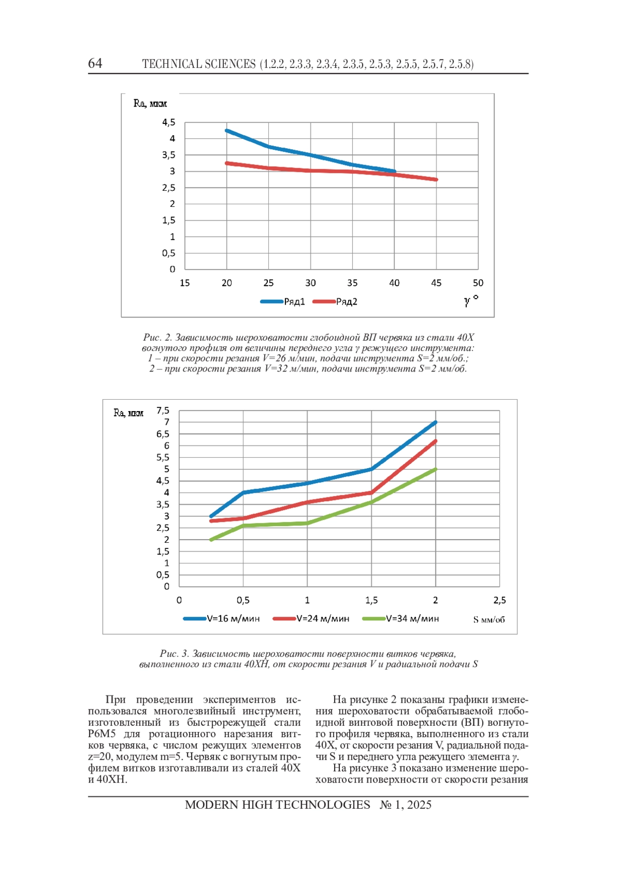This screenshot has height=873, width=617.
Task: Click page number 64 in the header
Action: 95,63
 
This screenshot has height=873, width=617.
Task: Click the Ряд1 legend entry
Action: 283,301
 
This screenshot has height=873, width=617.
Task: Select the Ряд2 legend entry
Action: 335,301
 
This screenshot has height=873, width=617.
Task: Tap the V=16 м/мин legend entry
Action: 221,618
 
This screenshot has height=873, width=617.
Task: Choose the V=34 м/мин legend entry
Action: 401,618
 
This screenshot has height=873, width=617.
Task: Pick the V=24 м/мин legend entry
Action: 311,618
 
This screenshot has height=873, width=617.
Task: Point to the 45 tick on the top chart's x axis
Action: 436,283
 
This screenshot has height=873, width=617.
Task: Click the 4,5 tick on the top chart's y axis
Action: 169,122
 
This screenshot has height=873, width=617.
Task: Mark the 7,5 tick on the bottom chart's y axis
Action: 163,411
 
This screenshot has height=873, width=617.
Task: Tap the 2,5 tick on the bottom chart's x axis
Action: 499,600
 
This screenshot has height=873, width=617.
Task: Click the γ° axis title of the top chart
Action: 471,300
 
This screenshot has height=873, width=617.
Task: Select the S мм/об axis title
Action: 489,620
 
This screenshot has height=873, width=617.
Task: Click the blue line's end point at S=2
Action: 435,422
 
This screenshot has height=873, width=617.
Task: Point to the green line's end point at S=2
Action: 435,469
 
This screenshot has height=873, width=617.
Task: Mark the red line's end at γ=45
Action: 436,180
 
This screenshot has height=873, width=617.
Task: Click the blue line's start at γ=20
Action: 227,131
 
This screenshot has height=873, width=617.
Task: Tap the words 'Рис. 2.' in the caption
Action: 157,337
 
